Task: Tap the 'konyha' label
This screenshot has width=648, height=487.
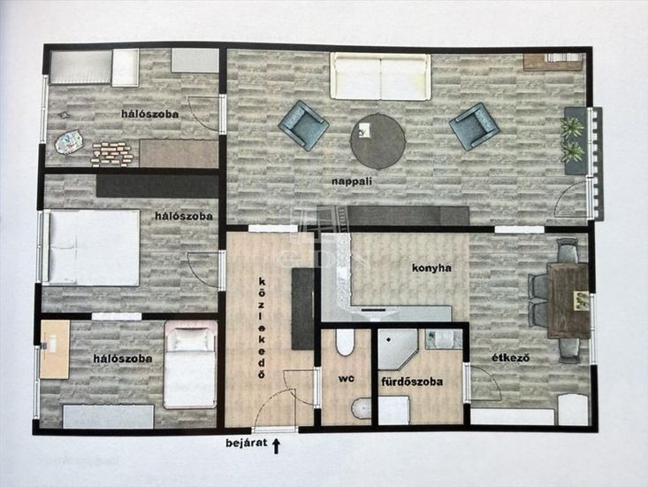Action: pyautogui.click(x=431, y=268)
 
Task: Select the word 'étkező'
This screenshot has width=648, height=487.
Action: pyautogui.click(x=510, y=358)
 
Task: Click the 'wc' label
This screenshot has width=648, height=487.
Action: pyautogui.click(x=346, y=378)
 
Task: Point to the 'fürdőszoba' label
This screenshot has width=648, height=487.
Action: pyautogui.click(x=412, y=382)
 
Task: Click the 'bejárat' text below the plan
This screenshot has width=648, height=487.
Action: pyautogui.click(x=247, y=443)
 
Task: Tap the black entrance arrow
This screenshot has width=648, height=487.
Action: pyautogui.click(x=276, y=446)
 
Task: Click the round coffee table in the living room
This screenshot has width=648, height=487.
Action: pyautogui.click(x=377, y=142)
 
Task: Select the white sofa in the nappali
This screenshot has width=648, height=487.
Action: pyautogui.click(x=380, y=76)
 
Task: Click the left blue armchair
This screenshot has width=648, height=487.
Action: pyautogui.click(x=304, y=125)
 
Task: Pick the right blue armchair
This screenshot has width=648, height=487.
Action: pyautogui.click(x=475, y=127)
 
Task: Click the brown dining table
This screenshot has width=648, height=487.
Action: pyautogui.click(x=568, y=301)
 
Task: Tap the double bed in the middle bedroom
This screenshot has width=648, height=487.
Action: pyautogui.click(x=92, y=247)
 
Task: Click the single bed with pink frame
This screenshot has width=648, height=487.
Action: pyautogui.click(x=190, y=365)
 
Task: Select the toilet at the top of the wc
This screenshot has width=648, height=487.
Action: pyautogui.click(x=345, y=342)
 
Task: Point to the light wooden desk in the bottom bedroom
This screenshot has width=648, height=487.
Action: pyautogui.click(x=55, y=349)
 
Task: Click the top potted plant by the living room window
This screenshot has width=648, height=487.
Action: pyautogui.click(x=572, y=127)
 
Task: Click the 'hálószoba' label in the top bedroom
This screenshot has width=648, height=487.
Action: pyautogui.click(x=150, y=114)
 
